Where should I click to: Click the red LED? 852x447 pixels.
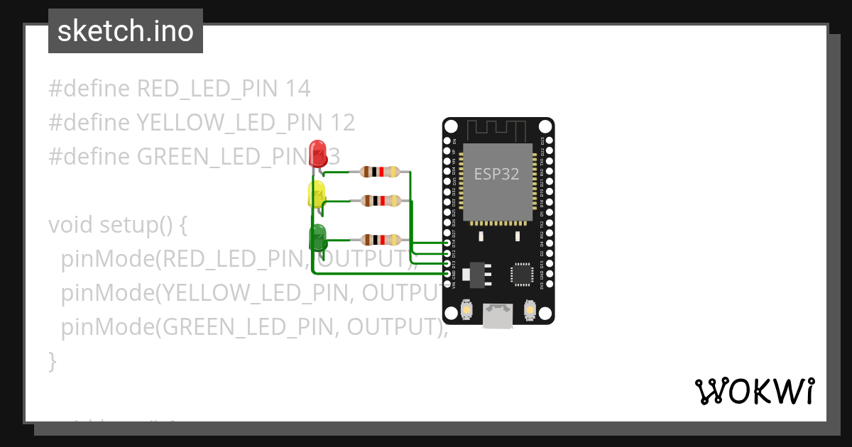pyautogui.click(x=318, y=151)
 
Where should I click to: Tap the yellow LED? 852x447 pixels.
pyautogui.click(x=316, y=194)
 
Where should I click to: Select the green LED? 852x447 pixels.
pyautogui.click(x=317, y=236)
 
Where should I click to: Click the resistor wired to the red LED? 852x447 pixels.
pyautogui.click(x=380, y=172)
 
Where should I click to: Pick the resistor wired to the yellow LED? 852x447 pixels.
pyautogui.click(x=380, y=201)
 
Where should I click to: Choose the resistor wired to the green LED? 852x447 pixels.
pyautogui.click(x=380, y=240)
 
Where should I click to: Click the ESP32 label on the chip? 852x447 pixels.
pyautogui.click(x=497, y=174)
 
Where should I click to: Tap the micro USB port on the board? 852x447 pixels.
pyautogui.click(x=498, y=315)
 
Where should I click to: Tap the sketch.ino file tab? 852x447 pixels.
pyautogui.click(x=126, y=31)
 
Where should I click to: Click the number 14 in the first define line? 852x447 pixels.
pyautogui.click(x=297, y=89)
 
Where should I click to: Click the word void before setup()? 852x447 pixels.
pyautogui.click(x=71, y=225)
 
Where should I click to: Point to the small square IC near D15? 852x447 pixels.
pyautogui.click(x=522, y=273)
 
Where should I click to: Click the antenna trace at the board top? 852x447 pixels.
pyautogui.click(x=498, y=130)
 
